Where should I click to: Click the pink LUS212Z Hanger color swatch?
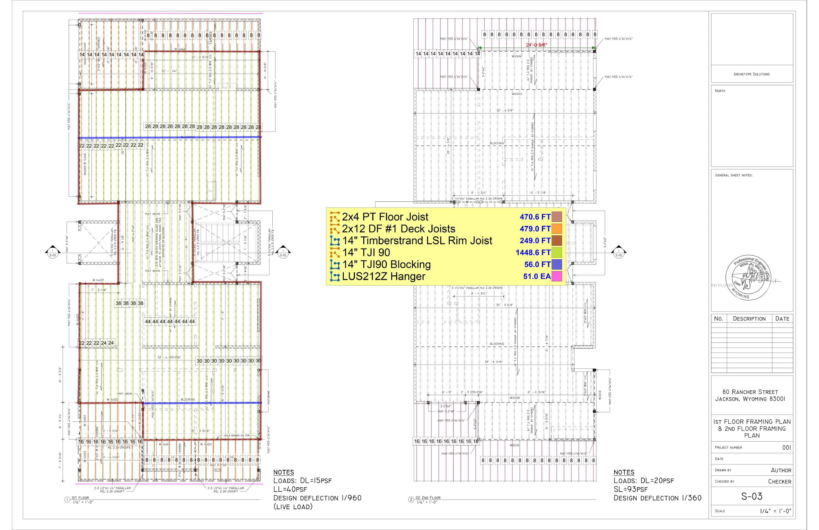pyautogui.click(x=556, y=276)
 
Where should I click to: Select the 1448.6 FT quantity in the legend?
pyautogui.click(x=533, y=252)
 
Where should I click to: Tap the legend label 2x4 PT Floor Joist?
pyautogui.click(x=385, y=217)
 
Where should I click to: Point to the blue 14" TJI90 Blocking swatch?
pyautogui.click(x=556, y=264)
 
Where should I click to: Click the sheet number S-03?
pyautogui.click(x=752, y=496)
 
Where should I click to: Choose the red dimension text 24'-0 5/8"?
pyautogui.click(x=536, y=45)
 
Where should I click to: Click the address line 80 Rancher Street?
pyautogui.click(x=750, y=392)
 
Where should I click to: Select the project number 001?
pyautogui.click(x=786, y=447)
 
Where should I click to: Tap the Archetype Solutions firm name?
pyautogui.click(x=751, y=74)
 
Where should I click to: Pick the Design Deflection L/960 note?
pyautogui.click(x=317, y=498)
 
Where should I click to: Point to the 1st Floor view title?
pyautogui.click(x=80, y=498)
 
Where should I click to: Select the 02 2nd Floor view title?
pyautogui.click(x=428, y=498)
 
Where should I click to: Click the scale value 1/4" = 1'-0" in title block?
pyautogui.click(x=775, y=511)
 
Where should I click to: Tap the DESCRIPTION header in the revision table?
pyautogui.click(x=749, y=319)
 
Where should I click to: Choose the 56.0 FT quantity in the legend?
pyautogui.click(x=537, y=264)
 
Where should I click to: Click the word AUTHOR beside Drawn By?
pyautogui.click(x=781, y=471)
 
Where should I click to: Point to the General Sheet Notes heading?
pyautogui.click(x=734, y=175)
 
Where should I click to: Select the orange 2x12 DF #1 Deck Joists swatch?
pyautogui.click(x=556, y=229)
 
